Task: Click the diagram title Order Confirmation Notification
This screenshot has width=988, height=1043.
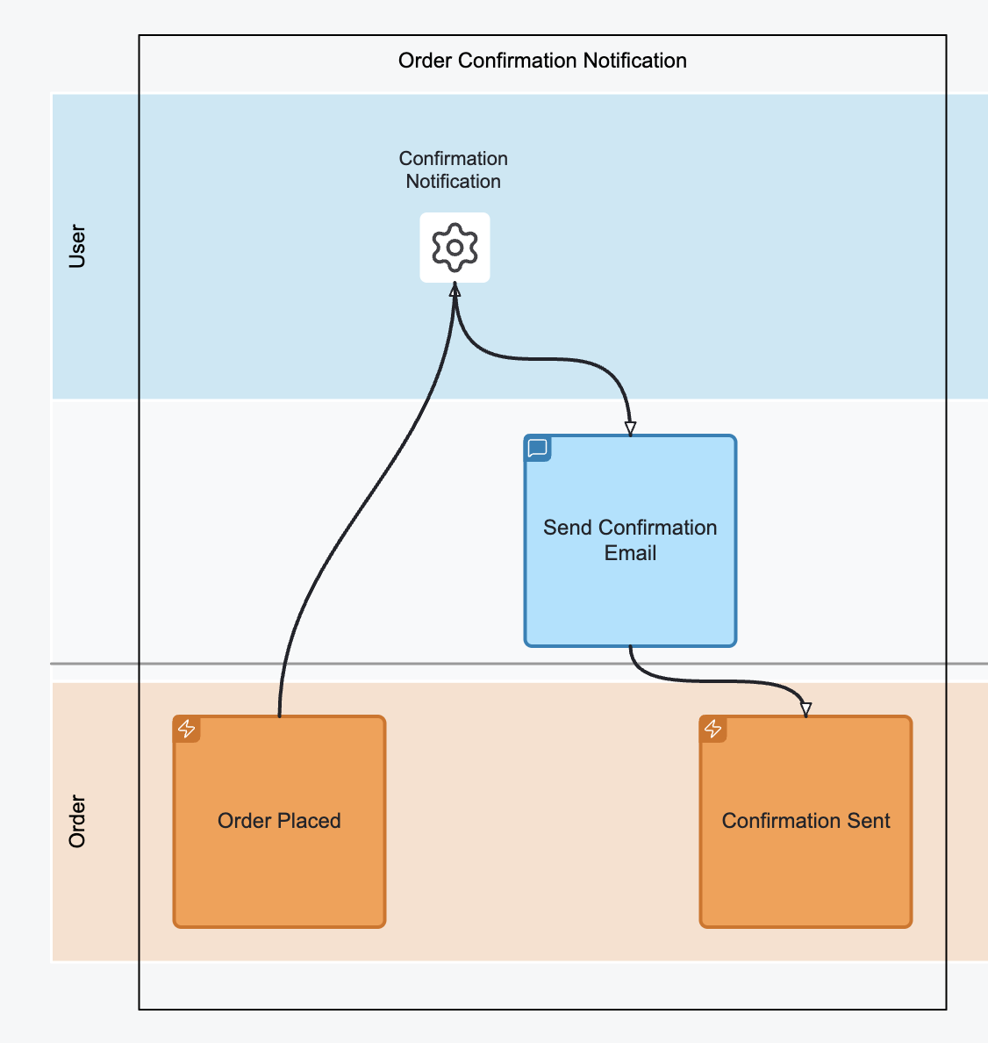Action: coord(542,61)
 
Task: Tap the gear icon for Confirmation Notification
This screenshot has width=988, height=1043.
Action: coord(455,248)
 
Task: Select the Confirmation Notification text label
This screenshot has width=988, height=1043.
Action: coord(453,169)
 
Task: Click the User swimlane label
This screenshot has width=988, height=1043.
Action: coord(77,246)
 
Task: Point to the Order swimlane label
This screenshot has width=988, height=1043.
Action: coord(77,822)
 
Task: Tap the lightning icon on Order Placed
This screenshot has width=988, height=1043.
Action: coord(187,729)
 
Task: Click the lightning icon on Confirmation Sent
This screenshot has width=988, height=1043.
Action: coord(713,729)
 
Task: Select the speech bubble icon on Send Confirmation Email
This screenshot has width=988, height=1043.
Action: coord(538,449)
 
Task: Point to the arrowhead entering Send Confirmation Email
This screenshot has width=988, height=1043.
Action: coord(630,428)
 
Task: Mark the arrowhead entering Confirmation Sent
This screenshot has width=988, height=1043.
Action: coord(805,709)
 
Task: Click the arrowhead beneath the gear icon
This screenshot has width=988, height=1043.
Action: coord(455,291)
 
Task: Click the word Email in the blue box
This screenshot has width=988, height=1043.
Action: coord(630,553)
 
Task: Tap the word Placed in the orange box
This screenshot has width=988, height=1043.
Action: coord(311,821)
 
